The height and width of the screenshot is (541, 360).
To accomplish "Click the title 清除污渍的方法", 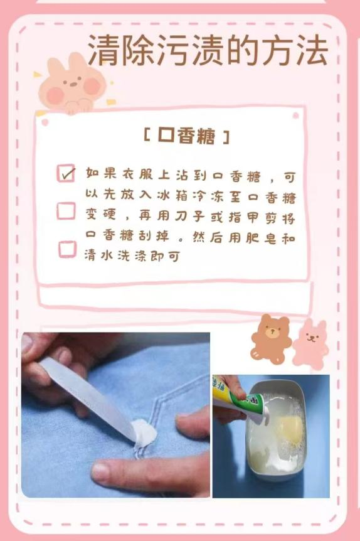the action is (208, 51).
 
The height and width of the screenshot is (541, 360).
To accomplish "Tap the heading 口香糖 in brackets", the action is (186, 136).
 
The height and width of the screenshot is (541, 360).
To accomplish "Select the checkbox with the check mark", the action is (66, 173).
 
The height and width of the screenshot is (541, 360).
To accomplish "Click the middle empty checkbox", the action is (66, 211).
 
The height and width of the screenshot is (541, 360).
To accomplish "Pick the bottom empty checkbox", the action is (67, 249).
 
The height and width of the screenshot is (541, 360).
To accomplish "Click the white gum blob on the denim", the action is (144, 432).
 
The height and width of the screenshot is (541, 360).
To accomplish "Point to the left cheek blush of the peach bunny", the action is (55, 95).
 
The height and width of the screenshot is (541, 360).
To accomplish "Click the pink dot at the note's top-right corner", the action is (295, 115).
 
